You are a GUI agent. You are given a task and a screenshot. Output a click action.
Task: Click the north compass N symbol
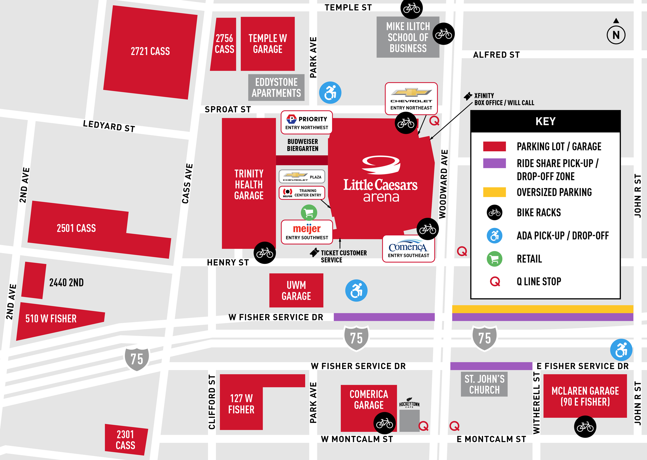[x=616, y=35]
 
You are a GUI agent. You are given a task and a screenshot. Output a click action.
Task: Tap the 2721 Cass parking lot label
[x=150, y=51]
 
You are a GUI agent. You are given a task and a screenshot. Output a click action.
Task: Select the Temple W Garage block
[x=267, y=44]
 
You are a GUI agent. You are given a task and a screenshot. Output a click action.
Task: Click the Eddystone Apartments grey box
[x=276, y=87]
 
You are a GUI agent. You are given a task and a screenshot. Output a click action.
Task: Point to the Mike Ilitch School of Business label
[x=408, y=37]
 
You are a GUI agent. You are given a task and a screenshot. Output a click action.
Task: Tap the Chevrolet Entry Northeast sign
[x=411, y=99]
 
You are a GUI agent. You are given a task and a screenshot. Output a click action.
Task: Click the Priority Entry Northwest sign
[x=307, y=122]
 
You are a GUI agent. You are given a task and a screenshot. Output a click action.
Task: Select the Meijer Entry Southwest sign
[x=307, y=232]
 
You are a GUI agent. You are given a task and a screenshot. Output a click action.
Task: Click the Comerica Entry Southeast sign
[x=408, y=249]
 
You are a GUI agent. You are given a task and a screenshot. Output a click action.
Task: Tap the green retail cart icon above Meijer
[x=309, y=213]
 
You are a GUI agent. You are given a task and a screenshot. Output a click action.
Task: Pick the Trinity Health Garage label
[x=249, y=184]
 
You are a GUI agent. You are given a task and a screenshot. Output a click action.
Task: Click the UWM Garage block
[x=296, y=290]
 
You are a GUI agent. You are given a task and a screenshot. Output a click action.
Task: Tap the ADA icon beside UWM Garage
[x=356, y=290]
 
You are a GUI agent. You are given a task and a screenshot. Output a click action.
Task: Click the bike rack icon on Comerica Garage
[x=384, y=423]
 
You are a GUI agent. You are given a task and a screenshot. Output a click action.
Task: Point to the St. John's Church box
[x=484, y=384]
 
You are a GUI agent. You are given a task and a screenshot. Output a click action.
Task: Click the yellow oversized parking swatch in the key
[x=494, y=192]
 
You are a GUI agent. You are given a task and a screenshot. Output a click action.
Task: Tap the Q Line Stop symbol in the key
[x=495, y=281]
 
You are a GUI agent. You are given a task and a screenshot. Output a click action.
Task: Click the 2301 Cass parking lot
[x=126, y=440]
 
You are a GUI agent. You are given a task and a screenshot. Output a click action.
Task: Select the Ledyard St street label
[x=109, y=126]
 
